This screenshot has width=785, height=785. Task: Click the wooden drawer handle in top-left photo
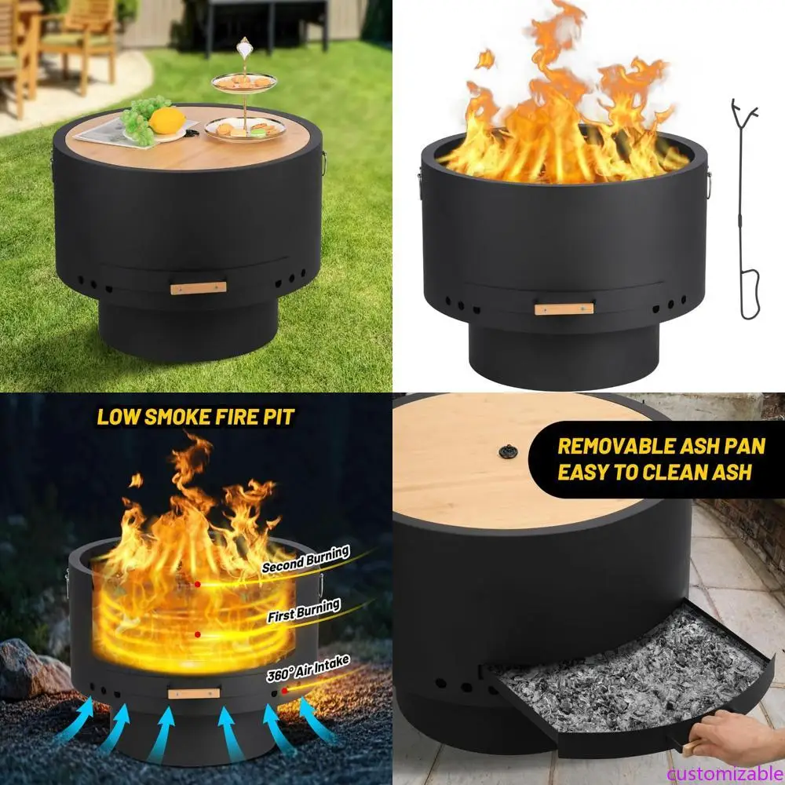(198, 288)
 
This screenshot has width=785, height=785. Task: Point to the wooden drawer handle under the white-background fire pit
(564, 309)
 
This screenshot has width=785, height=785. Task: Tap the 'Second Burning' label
(305, 560)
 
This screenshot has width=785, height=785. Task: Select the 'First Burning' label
(304, 610)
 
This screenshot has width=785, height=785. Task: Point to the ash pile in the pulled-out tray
(628, 667)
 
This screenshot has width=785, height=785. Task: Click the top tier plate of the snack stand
(243, 81)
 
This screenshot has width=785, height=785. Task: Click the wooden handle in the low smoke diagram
(194, 692)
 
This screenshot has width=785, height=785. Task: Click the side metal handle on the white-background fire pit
(709, 184)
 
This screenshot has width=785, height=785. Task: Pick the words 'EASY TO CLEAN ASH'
(654, 472)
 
